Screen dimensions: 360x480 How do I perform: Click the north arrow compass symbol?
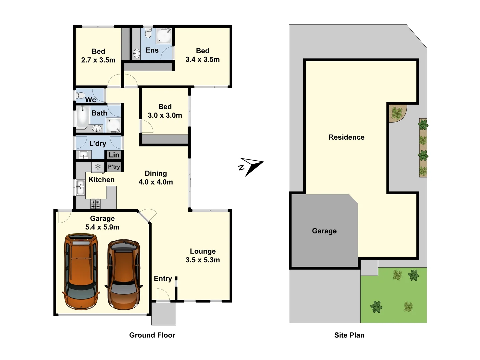pos(251,166)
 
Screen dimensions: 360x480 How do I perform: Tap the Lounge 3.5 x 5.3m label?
pos(203,256)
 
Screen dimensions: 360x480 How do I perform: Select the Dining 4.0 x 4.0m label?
pos(156,178)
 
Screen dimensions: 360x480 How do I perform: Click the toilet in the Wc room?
pos(80,96)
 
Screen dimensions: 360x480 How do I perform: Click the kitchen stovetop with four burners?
pos(96,204)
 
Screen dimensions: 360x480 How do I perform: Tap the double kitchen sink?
pos(80,188)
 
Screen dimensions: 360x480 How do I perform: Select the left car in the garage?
pos(81,271)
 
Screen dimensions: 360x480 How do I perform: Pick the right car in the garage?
pos(124,274)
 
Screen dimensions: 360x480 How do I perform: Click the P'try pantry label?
pos(114,167)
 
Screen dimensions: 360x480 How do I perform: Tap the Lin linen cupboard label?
pos(114,155)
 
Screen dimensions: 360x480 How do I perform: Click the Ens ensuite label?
pos(152,50)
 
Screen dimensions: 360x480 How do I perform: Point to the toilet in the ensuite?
pos(148,33)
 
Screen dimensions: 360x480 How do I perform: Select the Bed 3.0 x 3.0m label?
pos(165,111)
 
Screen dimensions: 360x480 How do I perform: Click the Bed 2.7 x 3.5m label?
pos(98,56)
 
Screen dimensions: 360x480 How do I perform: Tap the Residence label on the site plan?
pos(346,137)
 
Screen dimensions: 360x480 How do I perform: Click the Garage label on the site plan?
pos(324,231)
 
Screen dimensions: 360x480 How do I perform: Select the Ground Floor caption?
pos(152,335)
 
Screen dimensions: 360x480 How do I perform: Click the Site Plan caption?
pos(349,335)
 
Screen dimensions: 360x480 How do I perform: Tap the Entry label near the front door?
pos(163,279)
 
